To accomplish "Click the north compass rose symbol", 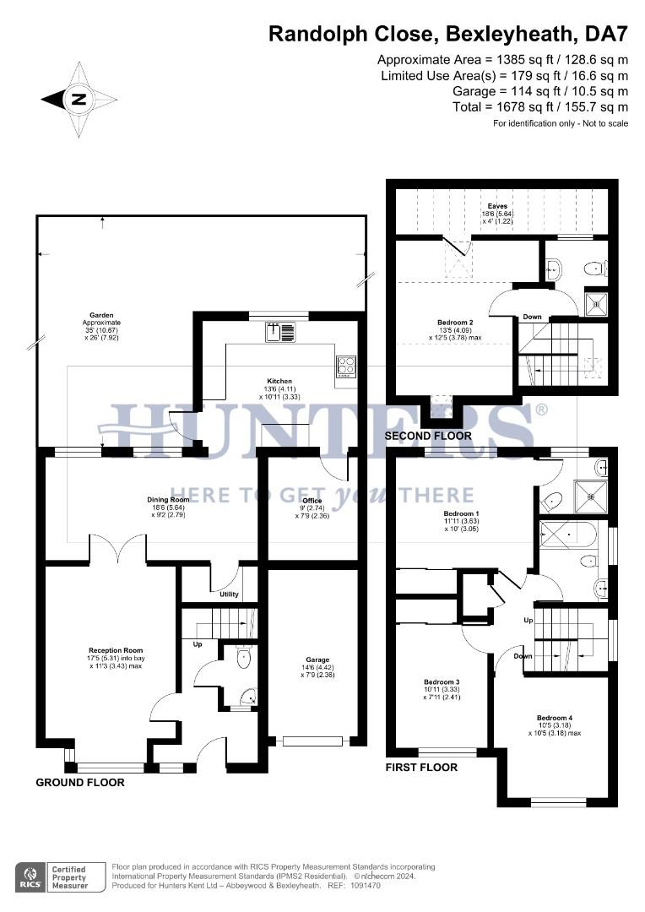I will coord(79,99).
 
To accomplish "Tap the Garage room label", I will coord(317,660).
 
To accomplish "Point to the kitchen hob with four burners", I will coord(346,366).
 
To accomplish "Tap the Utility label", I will coord(229,594).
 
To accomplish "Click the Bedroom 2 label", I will coord(454,323).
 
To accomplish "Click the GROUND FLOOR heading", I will coord(79,783).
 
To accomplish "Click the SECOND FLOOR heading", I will coord(428,436).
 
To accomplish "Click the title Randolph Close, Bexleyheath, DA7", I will coord(448,35).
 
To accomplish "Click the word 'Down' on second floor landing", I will coord(532,318).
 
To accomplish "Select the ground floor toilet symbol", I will coord(244,657).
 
